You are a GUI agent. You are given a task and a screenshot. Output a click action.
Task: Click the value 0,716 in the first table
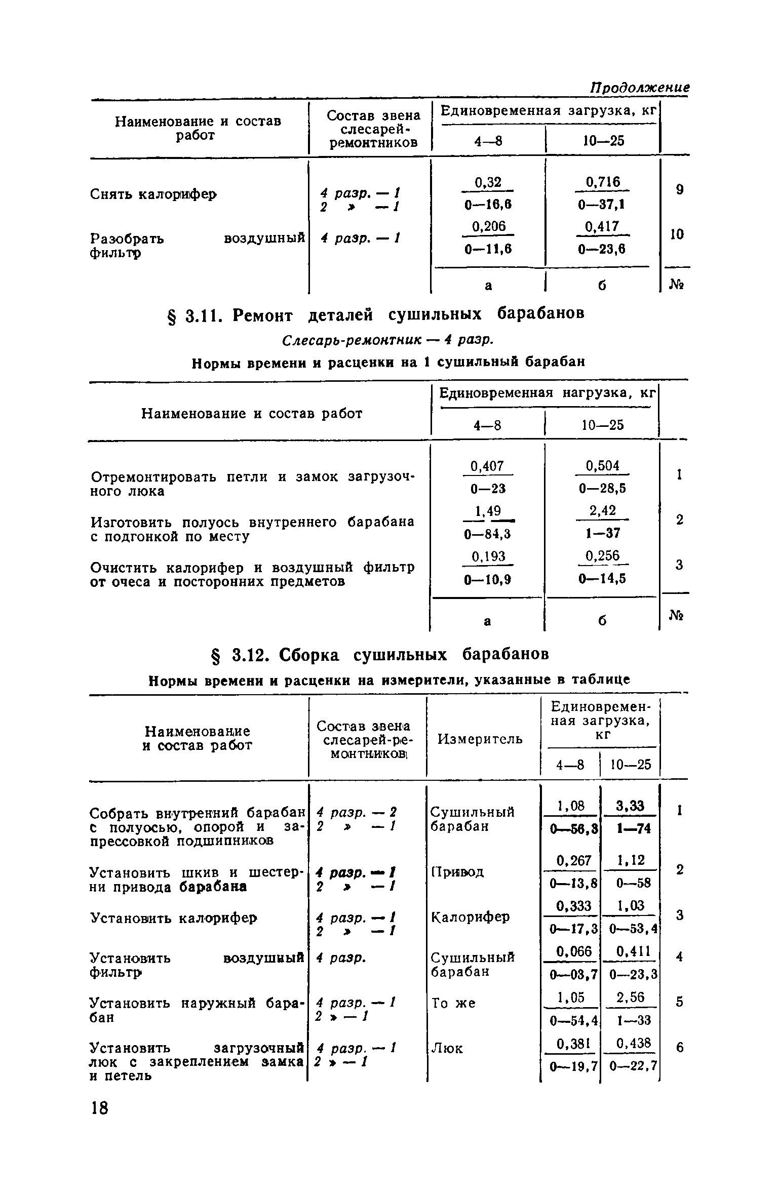(x=602, y=182)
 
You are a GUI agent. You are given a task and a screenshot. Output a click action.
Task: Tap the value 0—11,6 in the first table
(x=488, y=249)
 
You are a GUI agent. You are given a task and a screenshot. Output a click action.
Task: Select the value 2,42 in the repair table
(x=602, y=510)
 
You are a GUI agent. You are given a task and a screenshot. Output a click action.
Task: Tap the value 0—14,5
(x=602, y=578)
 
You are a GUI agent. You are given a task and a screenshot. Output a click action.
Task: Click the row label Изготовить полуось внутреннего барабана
(x=252, y=522)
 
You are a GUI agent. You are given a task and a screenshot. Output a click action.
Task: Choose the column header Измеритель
(x=480, y=739)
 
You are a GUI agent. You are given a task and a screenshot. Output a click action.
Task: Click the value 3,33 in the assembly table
(x=631, y=806)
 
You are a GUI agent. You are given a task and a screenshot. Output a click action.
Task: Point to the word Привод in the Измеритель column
(x=457, y=871)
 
